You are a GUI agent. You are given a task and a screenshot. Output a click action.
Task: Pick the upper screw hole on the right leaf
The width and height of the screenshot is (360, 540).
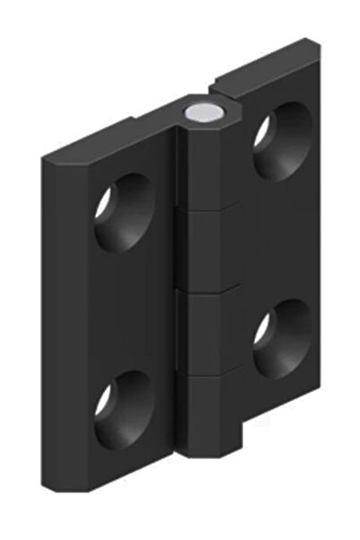coord(280,140)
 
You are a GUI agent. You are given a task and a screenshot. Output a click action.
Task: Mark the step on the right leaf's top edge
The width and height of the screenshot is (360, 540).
coord(215,90)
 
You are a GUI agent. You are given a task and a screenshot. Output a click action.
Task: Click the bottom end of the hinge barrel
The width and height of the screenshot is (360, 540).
coord(211,454)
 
